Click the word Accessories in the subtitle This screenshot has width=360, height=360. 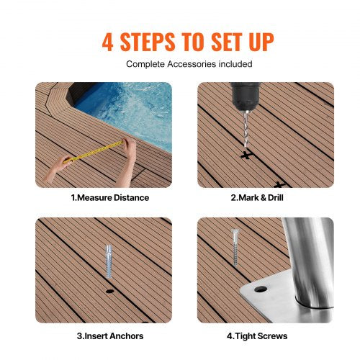192,64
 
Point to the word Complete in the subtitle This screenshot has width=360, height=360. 146,64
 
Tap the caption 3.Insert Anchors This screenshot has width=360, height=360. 109,336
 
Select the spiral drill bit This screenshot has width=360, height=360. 242,130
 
